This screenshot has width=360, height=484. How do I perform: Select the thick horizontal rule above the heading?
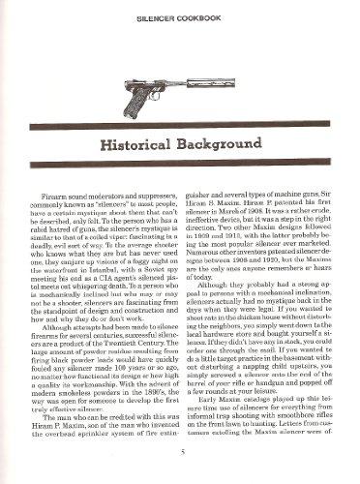point(180,123)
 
